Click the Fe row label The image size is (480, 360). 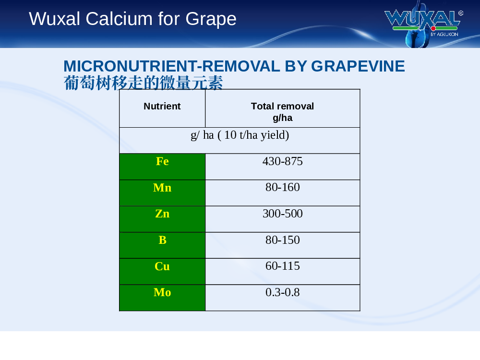tap(162, 161)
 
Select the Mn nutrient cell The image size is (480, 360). tap(162, 193)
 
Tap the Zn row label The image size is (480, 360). tap(162, 214)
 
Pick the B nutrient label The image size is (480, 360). tap(162, 240)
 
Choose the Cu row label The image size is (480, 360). tap(162, 266)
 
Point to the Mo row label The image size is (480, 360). tap(162, 292)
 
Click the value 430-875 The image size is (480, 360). tap(283, 161)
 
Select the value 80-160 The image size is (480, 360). tap(283, 187)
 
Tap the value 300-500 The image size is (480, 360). tap(283, 214)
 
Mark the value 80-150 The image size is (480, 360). tap(283, 240)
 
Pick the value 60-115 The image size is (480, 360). tap(283, 266)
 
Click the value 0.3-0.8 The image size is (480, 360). tap(283, 292)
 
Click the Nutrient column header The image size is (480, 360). tap(162, 106)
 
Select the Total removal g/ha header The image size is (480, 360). tap(283, 112)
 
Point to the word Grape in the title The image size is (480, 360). tap(211, 19)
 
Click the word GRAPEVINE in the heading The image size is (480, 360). tap(358, 66)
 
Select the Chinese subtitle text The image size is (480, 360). tap(143, 83)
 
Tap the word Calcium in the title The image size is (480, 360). tap(119, 19)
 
